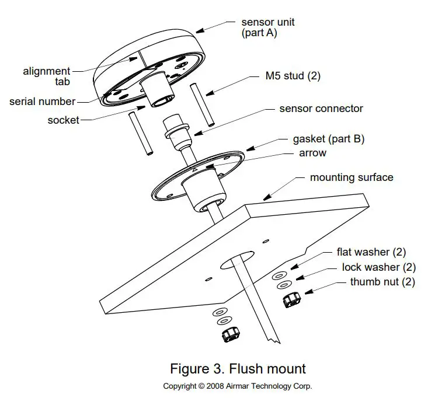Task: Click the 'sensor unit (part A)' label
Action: [x=267, y=27]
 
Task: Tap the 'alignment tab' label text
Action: [x=47, y=76]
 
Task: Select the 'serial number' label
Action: [x=42, y=102]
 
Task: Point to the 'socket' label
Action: [x=64, y=120]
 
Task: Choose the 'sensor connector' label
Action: [x=321, y=109]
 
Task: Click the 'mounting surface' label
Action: [x=352, y=177]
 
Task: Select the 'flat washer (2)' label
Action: [x=371, y=253]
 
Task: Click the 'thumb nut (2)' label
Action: [x=382, y=282]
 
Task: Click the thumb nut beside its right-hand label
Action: [x=290, y=300]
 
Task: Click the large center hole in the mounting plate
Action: [x=238, y=261]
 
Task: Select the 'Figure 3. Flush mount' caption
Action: [x=238, y=369]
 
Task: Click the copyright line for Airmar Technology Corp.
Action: [x=238, y=386]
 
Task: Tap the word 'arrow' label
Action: [x=312, y=153]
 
